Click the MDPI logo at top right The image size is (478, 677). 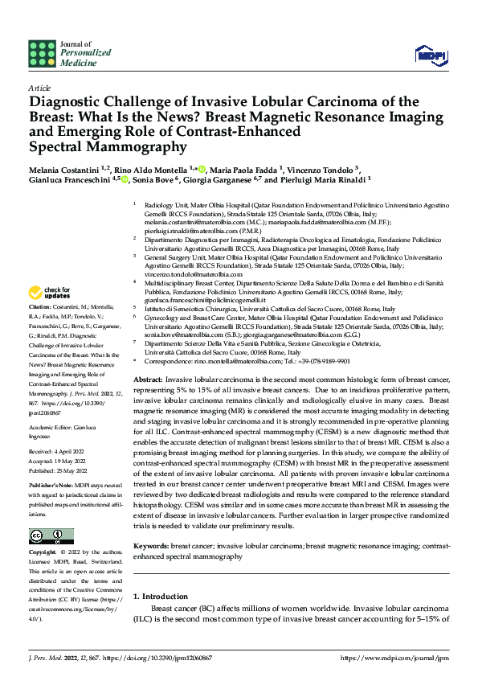point(431,54)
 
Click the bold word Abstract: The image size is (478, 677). point(148,379)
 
